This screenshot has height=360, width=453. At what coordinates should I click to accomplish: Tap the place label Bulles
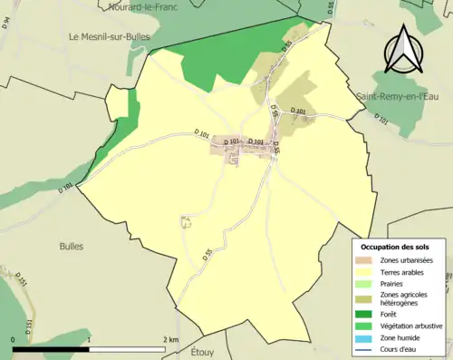click(71, 246)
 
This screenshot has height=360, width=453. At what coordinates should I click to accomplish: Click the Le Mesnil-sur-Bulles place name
click(109, 36)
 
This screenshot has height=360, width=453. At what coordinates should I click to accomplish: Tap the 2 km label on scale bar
click(172, 339)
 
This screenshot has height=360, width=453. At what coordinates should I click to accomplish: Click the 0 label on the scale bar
click(14, 339)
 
